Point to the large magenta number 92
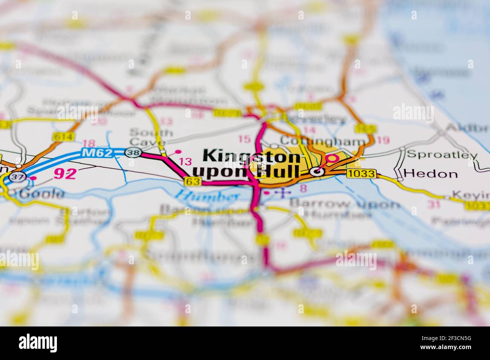tap(65, 173)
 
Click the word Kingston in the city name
tap(251, 156)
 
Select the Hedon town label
tap(430, 174)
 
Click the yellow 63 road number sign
tap(192, 182)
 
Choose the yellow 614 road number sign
tap(63, 137)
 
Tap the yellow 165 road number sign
tap(365, 129)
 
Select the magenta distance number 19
tap(383, 140)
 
